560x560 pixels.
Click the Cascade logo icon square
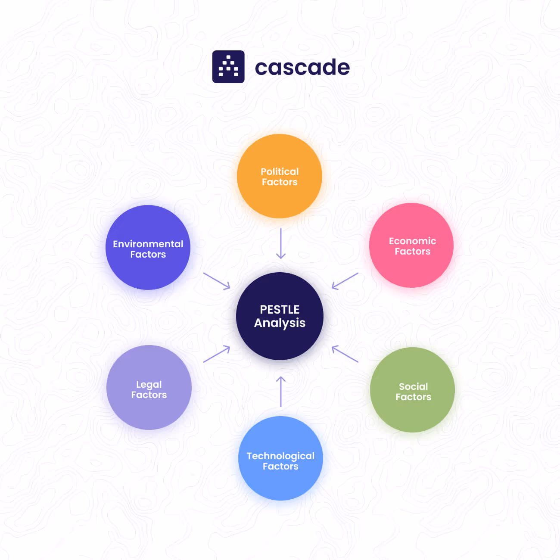tap(228, 67)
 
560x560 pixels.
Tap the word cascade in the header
tap(302, 68)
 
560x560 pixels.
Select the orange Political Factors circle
tap(280, 176)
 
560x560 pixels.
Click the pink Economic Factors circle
tap(411, 246)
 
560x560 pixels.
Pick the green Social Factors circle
tap(412, 390)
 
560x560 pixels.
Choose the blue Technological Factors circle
tap(280, 458)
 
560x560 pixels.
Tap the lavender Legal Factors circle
tap(149, 387)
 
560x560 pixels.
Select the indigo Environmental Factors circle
tap(148, 247)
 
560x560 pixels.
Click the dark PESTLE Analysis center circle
tap(280, 316)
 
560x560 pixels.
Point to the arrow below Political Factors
tap(281, 243)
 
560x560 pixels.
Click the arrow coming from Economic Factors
tap(345, 280)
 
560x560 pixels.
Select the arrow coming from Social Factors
tap(345, 354)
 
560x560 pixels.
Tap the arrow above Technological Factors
tap(281, 391)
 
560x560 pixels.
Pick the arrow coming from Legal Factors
tap(217, 354)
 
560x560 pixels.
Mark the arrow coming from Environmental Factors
tap(217, 281)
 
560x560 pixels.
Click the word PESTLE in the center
tap(280, 310)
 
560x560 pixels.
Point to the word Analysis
tap(280, 323)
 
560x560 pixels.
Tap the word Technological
tap(280, 456)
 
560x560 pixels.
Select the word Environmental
tap(148, 244)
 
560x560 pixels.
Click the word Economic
tap(412, 241)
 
